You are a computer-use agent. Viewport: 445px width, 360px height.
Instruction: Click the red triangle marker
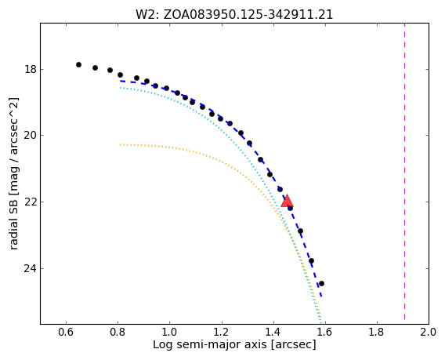tap(287, 201)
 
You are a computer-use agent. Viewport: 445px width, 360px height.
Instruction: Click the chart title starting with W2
tap(234, 14)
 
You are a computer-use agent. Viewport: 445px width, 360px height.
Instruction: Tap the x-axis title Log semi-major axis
tap(234, 344)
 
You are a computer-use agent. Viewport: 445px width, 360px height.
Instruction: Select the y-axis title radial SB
tap(13, 173)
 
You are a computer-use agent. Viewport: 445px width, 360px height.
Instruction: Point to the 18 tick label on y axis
tap(30, 69)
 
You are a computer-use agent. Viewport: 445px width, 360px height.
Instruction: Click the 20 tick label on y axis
tap(30, 135)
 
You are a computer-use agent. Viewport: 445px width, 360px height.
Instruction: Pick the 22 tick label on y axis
tap(30, 202)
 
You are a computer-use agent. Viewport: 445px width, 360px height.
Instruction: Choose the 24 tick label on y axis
tap(30, 268)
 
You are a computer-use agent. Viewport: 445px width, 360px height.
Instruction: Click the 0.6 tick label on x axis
tap(66, 332)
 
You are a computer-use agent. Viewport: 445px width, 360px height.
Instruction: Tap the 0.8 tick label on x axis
tap(118, 332)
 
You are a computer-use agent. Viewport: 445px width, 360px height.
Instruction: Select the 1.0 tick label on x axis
tap(170, 332)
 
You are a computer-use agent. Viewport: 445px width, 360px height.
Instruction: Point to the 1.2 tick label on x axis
tap(222, 332)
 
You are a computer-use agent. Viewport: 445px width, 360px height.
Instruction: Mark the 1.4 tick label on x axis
tap(273, 332)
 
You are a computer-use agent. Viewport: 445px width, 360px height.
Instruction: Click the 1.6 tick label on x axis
tap(325, 332)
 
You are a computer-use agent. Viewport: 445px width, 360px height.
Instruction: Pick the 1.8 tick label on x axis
tap(377, 332)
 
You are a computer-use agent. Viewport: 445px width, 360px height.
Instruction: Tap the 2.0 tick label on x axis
tap(429, 332)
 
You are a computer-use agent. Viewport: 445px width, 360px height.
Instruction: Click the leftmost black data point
tap(78, 65)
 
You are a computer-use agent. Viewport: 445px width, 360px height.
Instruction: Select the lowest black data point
tap(321, 284)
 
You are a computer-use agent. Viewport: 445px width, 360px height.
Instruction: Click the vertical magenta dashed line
tap(404, 173)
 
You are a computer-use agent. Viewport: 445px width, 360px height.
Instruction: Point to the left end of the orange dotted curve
tap(121, 144)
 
